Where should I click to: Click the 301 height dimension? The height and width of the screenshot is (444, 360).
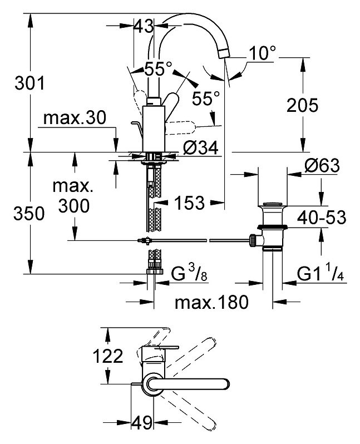[x=29, y=83]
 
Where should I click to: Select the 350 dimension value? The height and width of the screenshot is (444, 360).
[x=29, y=213]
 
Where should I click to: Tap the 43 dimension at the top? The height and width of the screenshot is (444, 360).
[x=144, y=26]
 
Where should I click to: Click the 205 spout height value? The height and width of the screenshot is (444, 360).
[x=303, y=105]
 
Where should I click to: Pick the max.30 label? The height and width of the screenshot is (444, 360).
[x=75, y=117]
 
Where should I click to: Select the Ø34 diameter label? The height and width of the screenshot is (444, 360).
[x=201, y=147]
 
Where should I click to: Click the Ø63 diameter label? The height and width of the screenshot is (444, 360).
[x=322, y=165]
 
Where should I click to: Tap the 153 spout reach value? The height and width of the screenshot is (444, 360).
[x=189, y=203]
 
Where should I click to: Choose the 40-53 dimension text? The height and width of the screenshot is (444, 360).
[x=322, y=217]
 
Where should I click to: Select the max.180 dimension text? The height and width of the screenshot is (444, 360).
[x=211, y=302]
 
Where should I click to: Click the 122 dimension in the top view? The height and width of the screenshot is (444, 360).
[x=108, y=356]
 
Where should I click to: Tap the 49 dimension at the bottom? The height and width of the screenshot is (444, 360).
[x=142, y=423]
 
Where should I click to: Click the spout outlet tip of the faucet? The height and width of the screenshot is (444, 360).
[x=224, y=54]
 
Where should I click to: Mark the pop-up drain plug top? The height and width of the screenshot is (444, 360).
[x=273, y=205]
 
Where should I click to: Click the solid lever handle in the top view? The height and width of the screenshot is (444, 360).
[x=187, y=384]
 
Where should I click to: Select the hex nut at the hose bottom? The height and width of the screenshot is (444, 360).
[x=155, y=272]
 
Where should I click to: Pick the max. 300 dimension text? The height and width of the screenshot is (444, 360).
[x=73, y=195]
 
